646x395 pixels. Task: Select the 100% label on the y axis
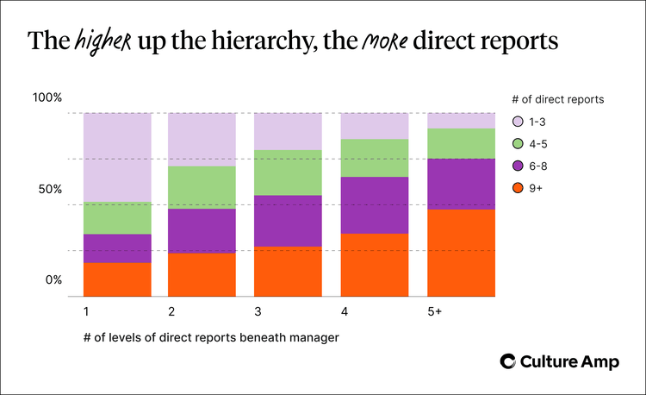[x=47, y=97]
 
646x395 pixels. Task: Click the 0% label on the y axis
[x=53, y=280]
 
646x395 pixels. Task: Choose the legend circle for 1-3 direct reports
[x=518, y=122]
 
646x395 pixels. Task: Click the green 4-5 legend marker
[x=518, y=144]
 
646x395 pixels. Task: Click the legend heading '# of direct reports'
[x=558, y=99]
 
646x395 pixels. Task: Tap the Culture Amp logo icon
[x=509, y=362]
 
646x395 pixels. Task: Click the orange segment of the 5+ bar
[x=462, y=253]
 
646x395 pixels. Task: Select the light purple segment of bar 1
[x=117, y=157]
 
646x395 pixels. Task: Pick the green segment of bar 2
[x=202, y=187]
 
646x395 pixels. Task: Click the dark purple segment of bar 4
[x=375, y=205]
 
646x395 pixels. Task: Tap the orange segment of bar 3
[x=289, y=271]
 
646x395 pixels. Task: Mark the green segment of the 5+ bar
[x=462, y=143]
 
